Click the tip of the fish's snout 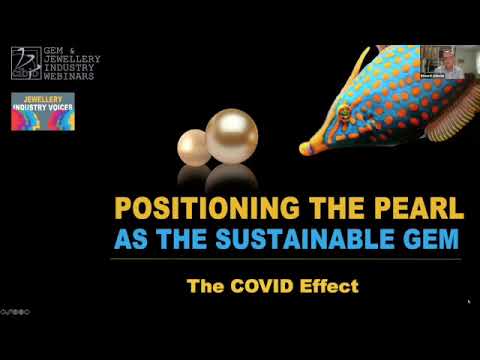(x=303, y=150)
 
